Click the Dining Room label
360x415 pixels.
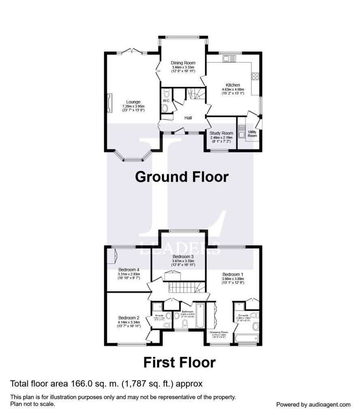(x=183, y=63)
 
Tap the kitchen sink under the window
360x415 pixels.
(x=229, y=59)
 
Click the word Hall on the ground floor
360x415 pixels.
(x=188, y=118)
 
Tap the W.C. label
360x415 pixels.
(x=166, y=101)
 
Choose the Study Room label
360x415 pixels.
(x=221, y=133)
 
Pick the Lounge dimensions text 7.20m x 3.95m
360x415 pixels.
(x=133, y=106)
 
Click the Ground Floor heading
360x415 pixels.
(x=182, y=177)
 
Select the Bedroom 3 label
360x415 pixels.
(x=183, y=257)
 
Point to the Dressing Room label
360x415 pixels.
(x=219, y=332)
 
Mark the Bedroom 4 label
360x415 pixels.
(x=129, y=270)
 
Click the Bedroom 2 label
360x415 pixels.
(x=129, y=318)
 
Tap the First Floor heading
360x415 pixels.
(x=179, y=362)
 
